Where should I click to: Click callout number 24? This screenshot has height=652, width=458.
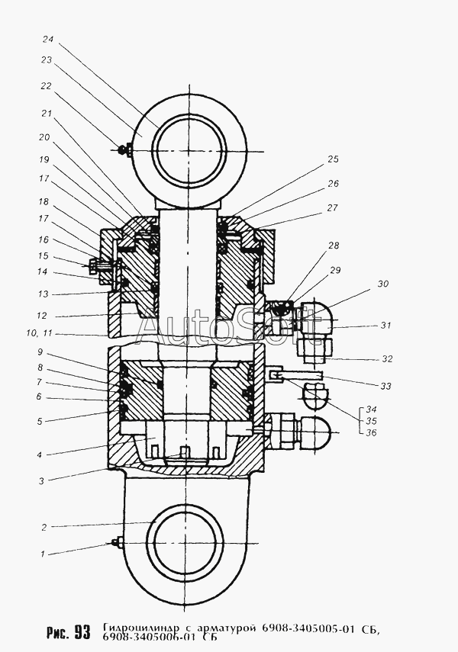48,40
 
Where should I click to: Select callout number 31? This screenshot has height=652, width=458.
386,325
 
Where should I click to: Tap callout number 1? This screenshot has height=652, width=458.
42,554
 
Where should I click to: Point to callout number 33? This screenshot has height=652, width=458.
386,387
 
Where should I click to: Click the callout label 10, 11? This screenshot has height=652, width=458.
40,333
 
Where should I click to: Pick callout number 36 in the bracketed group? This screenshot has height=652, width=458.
370,433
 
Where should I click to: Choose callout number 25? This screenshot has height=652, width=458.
333,159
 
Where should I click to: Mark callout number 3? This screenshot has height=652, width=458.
41,481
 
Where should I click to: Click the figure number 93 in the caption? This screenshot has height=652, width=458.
82,632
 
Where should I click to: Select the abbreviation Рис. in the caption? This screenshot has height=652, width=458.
57,632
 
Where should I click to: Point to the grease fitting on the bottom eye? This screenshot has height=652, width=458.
117,542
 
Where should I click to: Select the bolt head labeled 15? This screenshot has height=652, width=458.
93,264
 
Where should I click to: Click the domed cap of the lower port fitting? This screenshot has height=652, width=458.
318,431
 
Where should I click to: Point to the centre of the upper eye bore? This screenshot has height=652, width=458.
189,150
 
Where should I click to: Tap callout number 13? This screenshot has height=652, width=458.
44,294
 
